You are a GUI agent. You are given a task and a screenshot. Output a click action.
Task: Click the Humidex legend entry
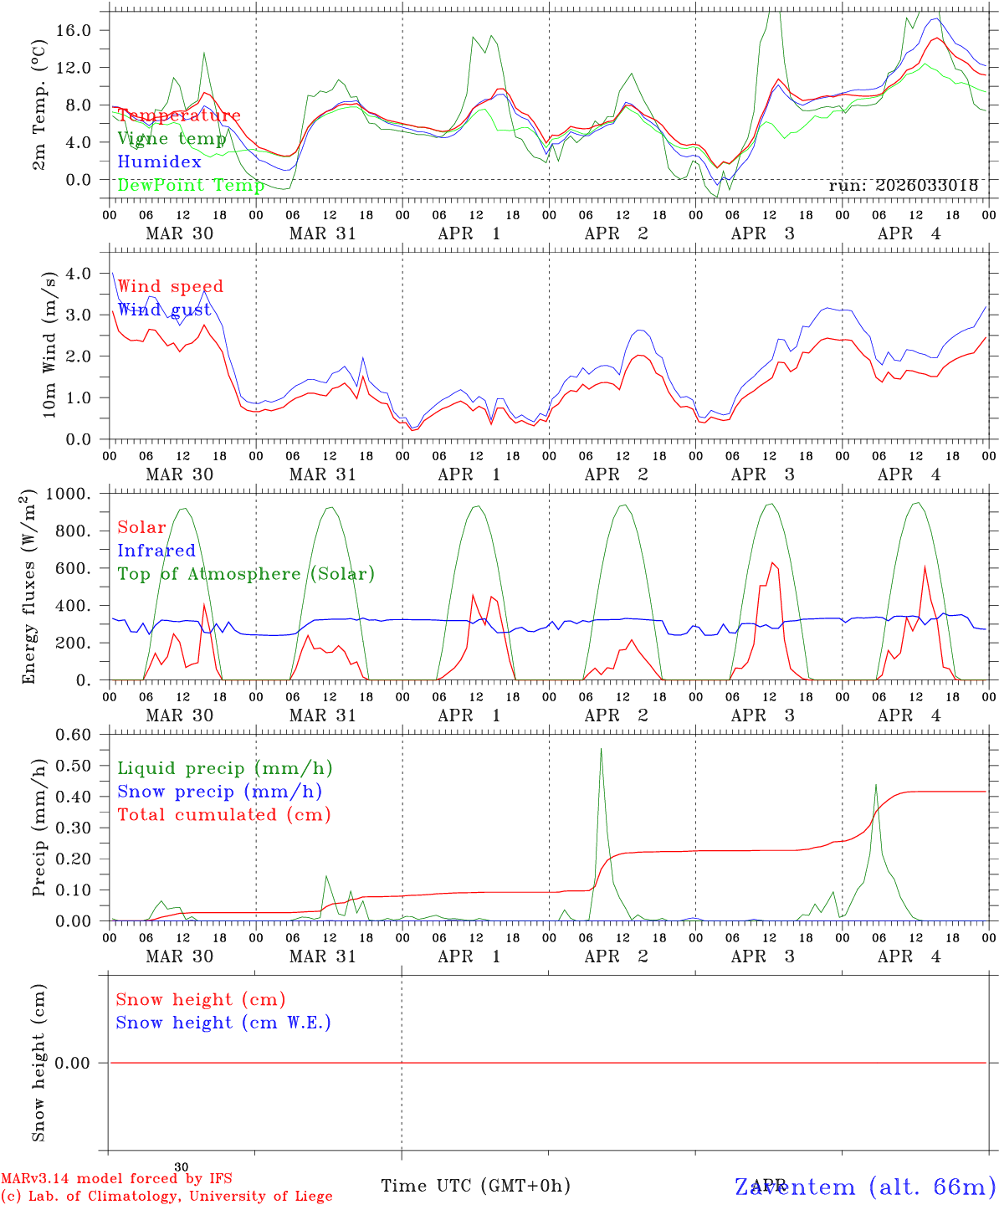[x=159, y=162]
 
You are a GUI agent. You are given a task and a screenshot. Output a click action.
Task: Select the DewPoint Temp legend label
[x=191, y=185]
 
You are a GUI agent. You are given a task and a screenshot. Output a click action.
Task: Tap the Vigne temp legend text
[x=172, y=139]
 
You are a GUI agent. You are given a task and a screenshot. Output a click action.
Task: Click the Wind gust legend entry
[x=164, y=310]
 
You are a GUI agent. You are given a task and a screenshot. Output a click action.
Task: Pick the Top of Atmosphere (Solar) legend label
[x=246, y=574]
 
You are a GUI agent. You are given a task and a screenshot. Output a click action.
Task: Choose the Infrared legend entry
[x=156, y=551]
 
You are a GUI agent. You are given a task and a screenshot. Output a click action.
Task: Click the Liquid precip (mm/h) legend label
[x=225, y=768]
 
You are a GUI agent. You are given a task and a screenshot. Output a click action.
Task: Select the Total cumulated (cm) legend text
[x=224, y=814]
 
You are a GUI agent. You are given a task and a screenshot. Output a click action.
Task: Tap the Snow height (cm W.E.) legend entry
[x=223, y=1023]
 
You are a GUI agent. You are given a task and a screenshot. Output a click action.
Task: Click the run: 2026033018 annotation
[x=903, y=186]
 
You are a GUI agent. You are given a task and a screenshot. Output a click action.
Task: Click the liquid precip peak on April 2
[x=601, y=749]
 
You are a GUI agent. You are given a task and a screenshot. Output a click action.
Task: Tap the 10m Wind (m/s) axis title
[x=50, y=345]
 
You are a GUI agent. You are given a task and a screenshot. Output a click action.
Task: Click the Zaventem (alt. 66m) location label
[x=865, y=1187]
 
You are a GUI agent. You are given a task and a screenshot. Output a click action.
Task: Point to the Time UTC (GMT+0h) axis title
[x=475, y=1186]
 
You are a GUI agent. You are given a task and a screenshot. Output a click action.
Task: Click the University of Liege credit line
[x=166, y=1197]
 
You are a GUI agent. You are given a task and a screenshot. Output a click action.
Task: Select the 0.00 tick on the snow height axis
[x=83, y=1063]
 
